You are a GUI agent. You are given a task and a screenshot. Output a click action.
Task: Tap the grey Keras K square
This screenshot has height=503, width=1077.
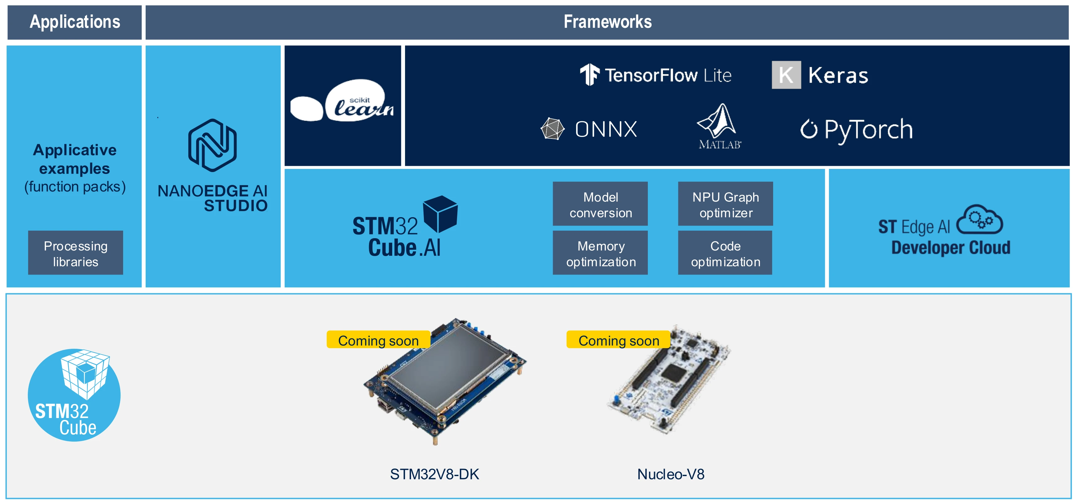pos(786,75)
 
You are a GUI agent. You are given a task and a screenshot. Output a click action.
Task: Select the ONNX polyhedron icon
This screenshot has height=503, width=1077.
pos(552,129)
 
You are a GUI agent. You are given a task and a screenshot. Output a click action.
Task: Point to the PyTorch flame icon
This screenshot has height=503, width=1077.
pos(809,129)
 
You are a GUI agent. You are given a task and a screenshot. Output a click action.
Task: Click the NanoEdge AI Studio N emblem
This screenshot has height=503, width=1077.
pos(212,145)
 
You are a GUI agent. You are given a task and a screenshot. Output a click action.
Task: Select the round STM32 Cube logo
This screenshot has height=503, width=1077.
pos(74,395)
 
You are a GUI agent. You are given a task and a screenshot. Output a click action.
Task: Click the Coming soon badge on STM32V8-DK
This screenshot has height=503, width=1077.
pos(378,340)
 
